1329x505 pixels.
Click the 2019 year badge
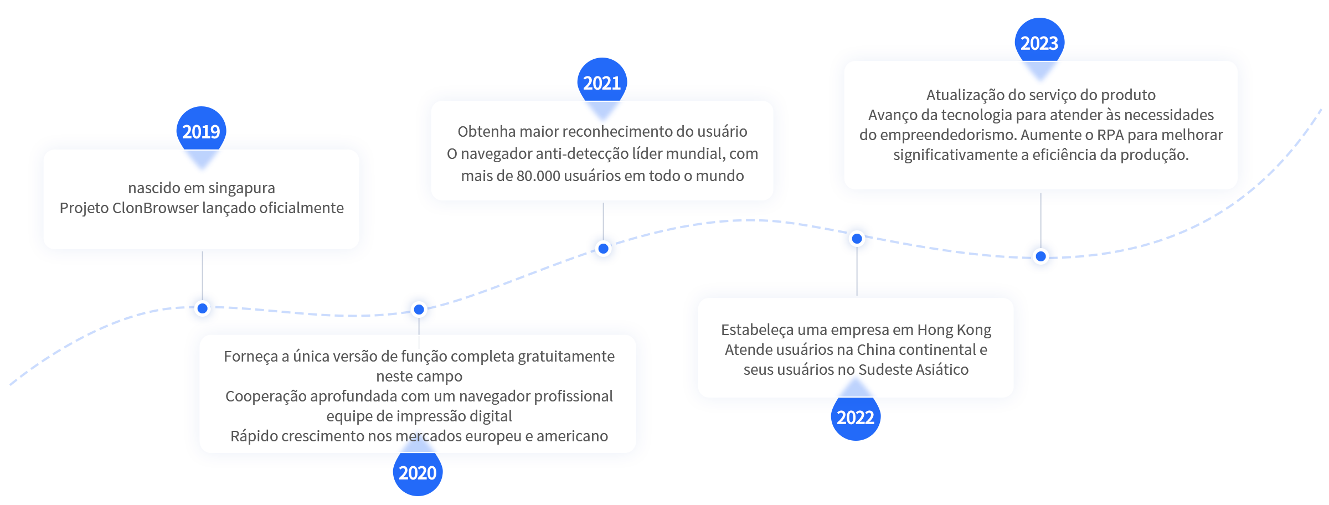[x=201, y=131]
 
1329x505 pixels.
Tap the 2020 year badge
[x=418, y=472]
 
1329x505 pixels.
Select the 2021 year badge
[x=602, y=83]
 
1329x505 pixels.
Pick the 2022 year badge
[x=856, y=416]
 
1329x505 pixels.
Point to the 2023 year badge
[x=1039, y=43]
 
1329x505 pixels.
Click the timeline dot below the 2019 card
[x=203, y=308]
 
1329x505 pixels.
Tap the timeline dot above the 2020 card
[x=419, y=310]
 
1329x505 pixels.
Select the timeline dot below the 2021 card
[x=604, y=249]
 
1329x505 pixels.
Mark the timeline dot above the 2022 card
[x=857, y=239]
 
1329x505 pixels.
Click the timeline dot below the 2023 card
[x=1041, y=256]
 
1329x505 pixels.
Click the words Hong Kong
[x=954, y=331]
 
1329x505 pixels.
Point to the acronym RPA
[x=1110, y=135]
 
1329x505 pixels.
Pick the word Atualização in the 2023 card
[x=965, y=96]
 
